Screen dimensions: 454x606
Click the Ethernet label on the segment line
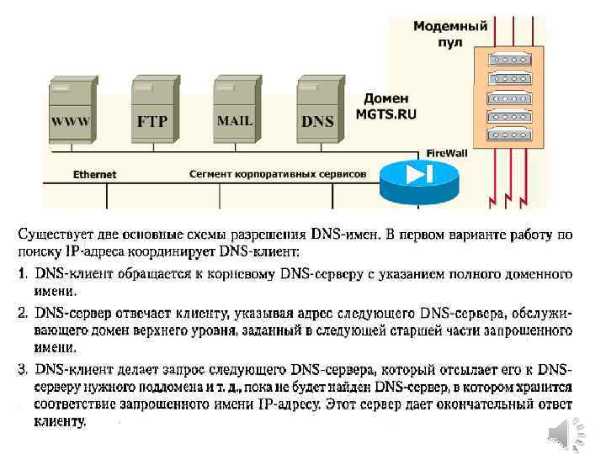tap(94, 175)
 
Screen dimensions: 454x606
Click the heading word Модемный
tap(450, 26)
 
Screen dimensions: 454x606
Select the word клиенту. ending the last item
tap(61, 422)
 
